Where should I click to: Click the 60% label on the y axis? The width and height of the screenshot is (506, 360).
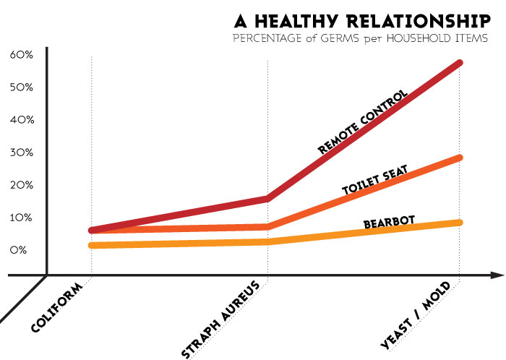(22, 55)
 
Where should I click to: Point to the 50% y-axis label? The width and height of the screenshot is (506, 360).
(22, 87)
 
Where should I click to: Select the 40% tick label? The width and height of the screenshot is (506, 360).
(22, 120)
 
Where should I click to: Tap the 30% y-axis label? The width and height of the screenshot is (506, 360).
(22, 153)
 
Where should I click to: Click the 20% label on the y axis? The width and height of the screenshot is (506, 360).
(22, 185)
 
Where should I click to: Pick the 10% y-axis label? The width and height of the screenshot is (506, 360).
(22, 218)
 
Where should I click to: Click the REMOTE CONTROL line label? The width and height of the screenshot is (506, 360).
(364, 122)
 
